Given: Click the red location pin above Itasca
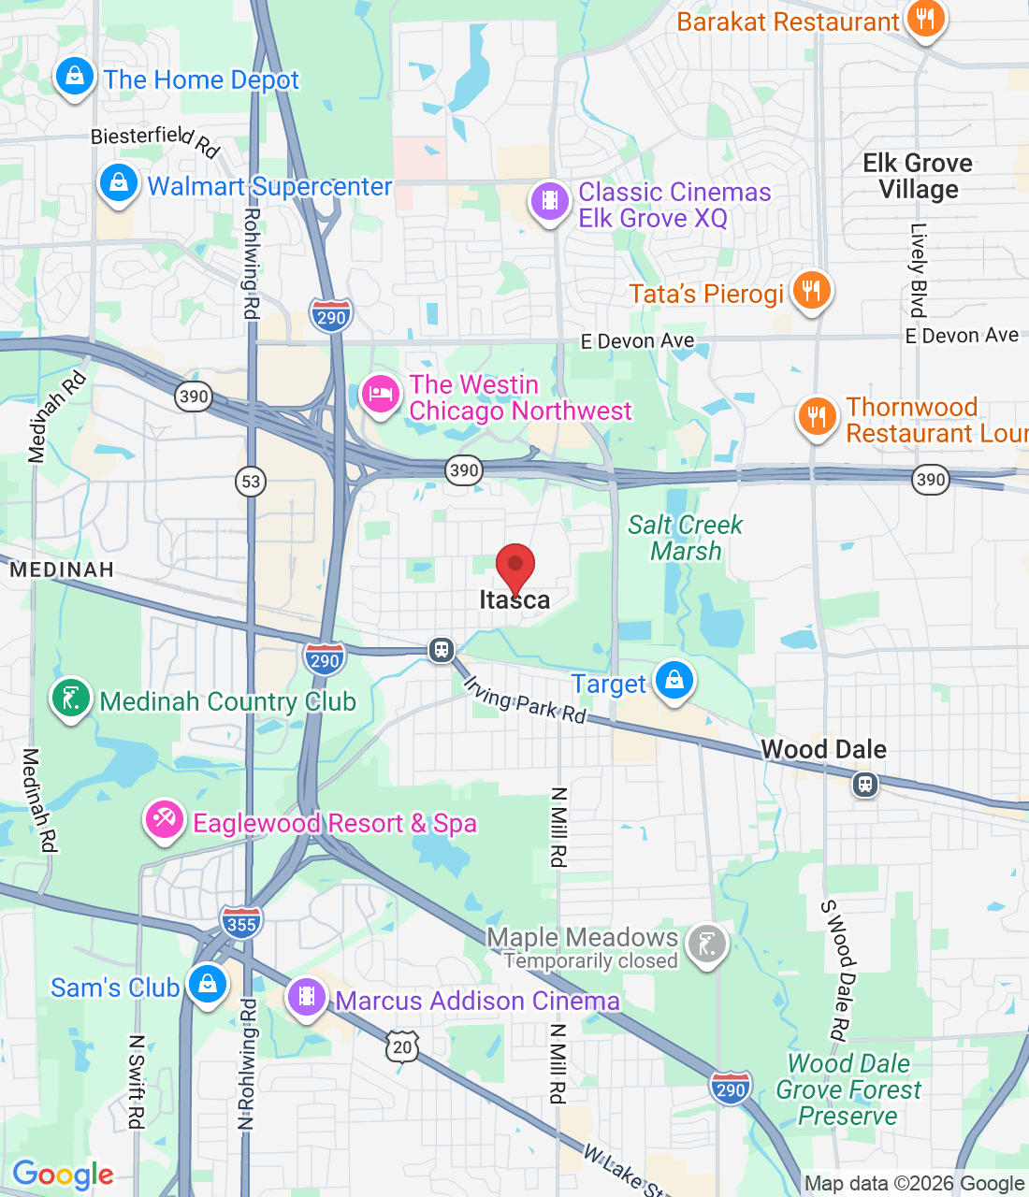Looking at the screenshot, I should click(x=514, y=567).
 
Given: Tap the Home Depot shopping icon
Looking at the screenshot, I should click(x=74, y=77).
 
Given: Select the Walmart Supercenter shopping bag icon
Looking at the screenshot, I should click(x=119, y=182).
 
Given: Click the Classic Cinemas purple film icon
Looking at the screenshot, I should click(x=550, y=201).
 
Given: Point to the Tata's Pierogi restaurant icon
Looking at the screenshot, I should click(x=811, y=291).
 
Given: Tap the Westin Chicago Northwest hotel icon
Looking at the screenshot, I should click(x=380, y=394).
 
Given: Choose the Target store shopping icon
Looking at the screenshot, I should click(x=674, y=681).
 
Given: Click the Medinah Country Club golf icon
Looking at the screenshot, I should click(x=71, y=699).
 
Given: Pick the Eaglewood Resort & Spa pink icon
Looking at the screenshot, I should click(x=164, y=821).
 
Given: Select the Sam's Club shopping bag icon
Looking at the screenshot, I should click(x=208, y=985).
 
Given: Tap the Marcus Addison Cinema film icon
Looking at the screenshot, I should click(x=307, y=998).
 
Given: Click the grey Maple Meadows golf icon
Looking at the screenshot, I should click(x=706, y=945).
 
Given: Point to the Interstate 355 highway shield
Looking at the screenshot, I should click(x=241, y=924).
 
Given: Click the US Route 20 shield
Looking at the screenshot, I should click(x=402, y=1046).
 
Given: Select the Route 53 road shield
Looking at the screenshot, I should click(x=251, y=482).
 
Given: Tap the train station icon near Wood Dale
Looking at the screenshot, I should click(x=865, y=784).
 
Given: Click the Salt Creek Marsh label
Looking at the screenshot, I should click(x=685, y=538).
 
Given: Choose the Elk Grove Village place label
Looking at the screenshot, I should click(x=918, y=176).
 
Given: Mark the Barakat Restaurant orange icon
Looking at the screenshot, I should click(x=925, y=19).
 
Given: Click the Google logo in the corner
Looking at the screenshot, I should click(x=63, y=1175).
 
